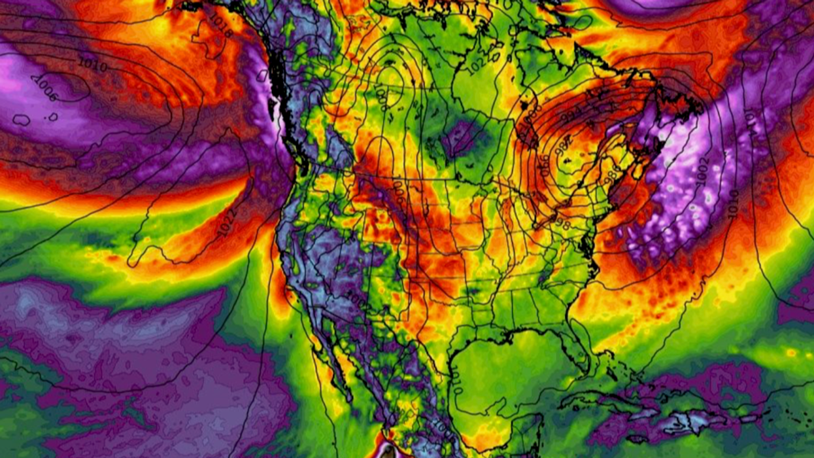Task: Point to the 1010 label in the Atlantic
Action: [x=732, y=199]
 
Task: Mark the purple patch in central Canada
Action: [x=464, y=137]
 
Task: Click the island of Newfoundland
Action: [x=673, y=105]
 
